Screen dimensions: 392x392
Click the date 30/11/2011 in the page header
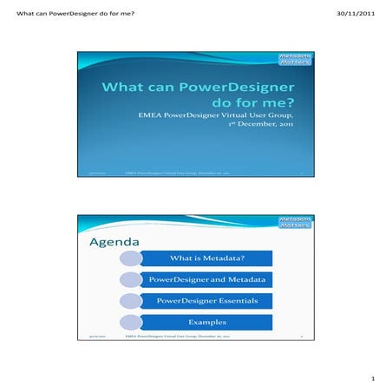[356, 11]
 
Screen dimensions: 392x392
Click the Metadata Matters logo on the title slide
[294, 60]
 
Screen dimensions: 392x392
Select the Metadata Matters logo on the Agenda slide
[294, 222]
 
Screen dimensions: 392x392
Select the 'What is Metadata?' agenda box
[206, 258]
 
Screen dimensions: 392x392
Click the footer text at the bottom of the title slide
[183, 174]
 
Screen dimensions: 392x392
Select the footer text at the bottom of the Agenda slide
[183, 336]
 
